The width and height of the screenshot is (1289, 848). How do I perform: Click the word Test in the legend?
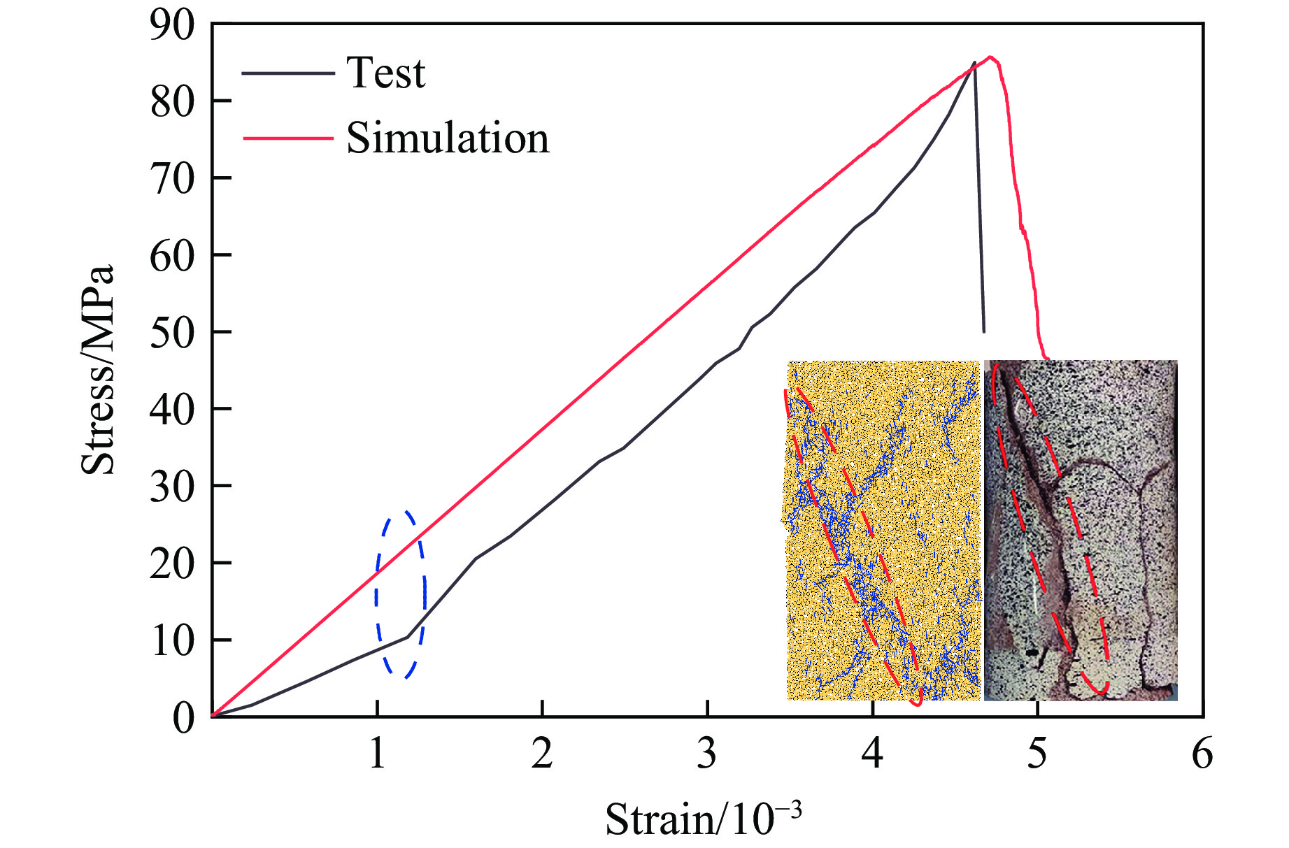coord(385,73)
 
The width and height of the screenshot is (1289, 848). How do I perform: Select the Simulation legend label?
coord(448,138)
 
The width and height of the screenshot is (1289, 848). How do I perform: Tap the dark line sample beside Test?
coord(287,73)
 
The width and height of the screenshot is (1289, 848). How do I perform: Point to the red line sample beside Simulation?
coord(287,138)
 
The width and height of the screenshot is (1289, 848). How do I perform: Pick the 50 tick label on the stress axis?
coord(172,332)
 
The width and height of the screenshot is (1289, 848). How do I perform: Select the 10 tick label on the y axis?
coord(172,640)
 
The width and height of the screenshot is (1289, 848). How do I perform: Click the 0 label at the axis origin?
coord(183,717)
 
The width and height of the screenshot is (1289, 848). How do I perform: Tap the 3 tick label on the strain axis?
coord(707,754)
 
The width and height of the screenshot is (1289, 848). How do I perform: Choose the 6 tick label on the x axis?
coord(1202,754)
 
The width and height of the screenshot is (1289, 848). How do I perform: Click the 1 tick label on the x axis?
coord(378,754)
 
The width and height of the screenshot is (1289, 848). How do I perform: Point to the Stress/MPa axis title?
coord(97,371)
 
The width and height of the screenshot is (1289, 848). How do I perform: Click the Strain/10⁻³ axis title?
coord(703,818)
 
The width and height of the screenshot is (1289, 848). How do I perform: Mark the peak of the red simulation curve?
coord(990,57)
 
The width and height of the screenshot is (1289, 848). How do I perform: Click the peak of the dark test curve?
coord(974,62)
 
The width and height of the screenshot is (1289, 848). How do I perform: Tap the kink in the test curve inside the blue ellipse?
coord(407,637)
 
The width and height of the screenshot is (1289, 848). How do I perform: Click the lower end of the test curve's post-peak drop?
coord(984,331)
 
